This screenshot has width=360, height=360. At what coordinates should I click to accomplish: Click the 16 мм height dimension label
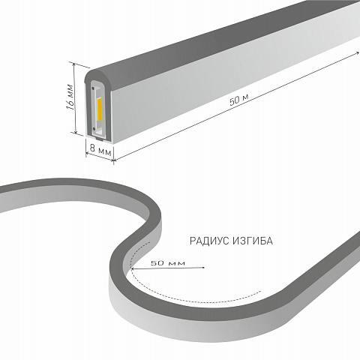tap(70, 97)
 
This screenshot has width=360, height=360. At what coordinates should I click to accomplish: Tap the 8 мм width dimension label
tap(100, 149)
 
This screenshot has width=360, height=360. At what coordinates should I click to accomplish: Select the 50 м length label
tap(238, 100)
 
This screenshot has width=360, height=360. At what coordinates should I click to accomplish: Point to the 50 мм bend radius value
tap(168, 263)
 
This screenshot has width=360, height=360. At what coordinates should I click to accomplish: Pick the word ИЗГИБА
tap(253, 241)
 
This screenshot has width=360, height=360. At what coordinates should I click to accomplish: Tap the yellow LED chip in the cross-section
tap(99, 109)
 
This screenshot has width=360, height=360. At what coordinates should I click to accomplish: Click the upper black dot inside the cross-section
tap(93, 88)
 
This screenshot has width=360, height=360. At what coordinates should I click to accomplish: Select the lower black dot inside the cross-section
tap(94, 129)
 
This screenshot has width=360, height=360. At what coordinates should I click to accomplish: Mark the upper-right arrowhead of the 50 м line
tap(358, 52)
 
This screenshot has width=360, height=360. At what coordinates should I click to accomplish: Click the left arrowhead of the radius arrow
tap(133, 268)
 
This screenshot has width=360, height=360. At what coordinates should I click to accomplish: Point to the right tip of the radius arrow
tap(204, 268)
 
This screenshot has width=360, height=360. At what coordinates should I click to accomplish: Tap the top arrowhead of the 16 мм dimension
tap(73, 64)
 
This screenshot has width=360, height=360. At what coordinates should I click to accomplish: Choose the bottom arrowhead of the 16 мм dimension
tap(76, 131)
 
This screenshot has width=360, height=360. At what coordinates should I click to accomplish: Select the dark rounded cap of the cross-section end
tap(98, 74)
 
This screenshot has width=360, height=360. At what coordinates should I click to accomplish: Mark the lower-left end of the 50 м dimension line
tap(115, 160)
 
